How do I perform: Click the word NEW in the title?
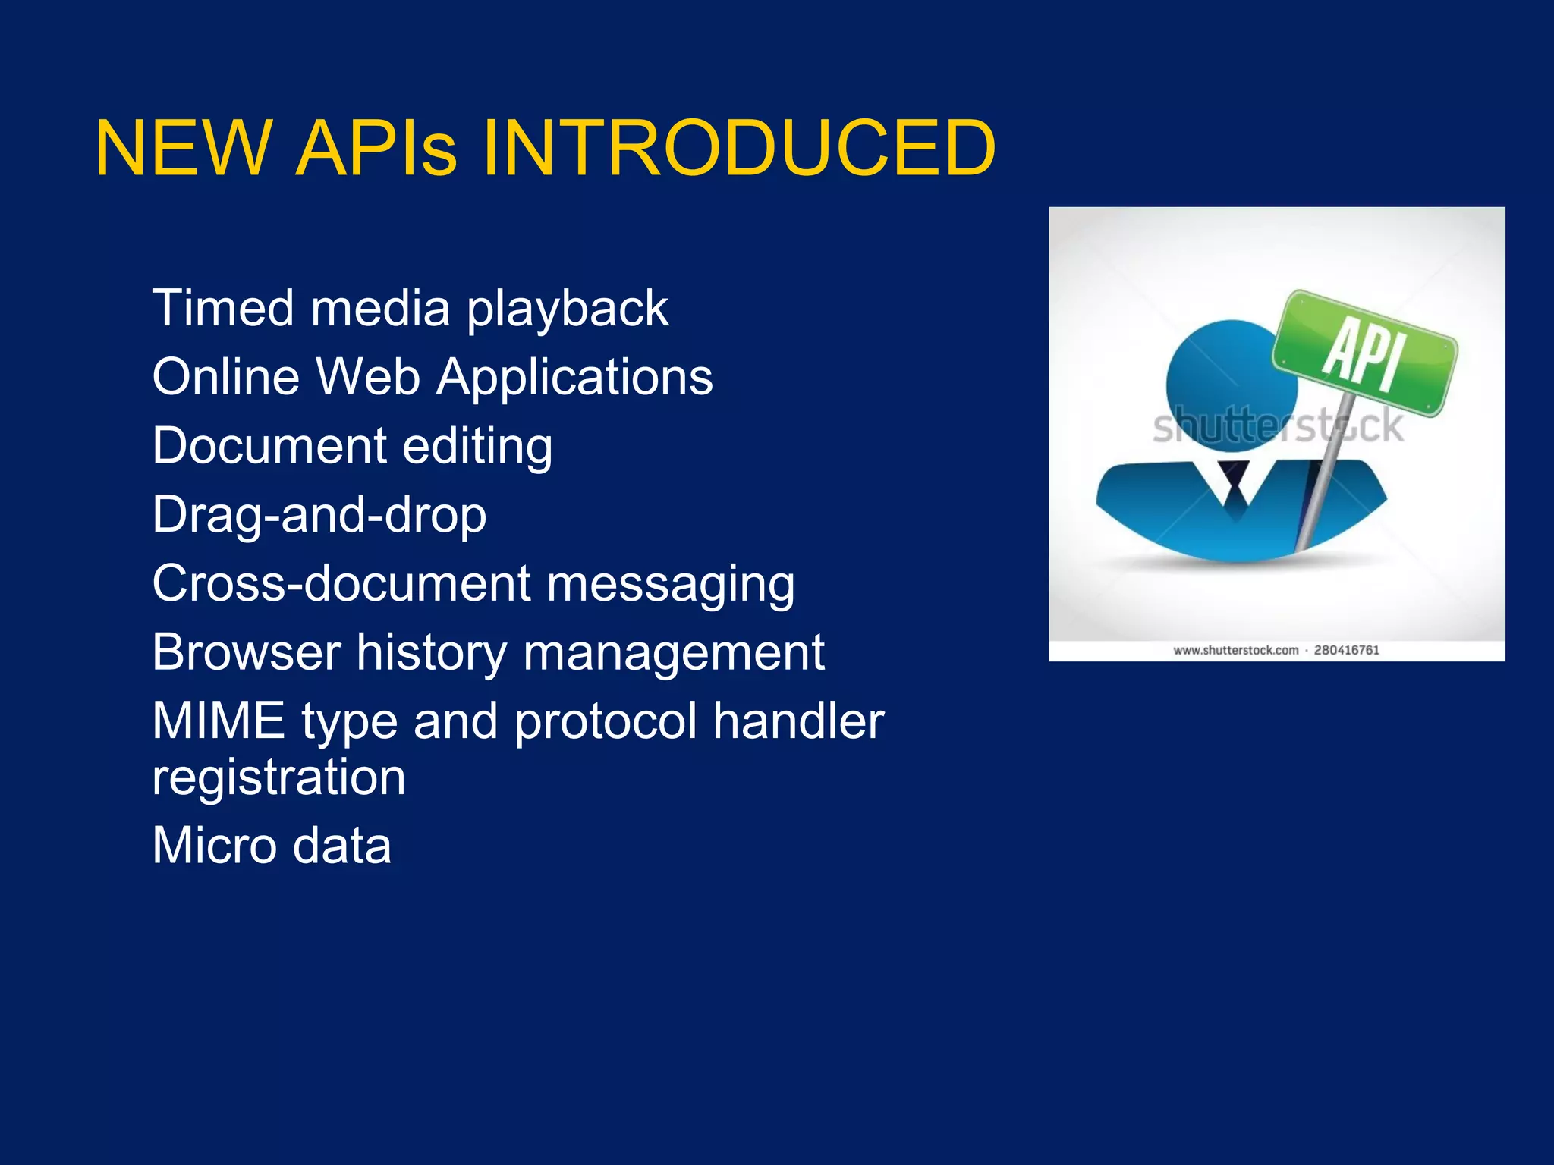point(183,149)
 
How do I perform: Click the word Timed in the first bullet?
point(223,309)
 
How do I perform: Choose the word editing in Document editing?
point(477,447)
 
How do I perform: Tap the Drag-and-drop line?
point(319,516)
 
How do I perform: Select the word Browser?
point(247,652)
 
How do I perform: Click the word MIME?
point(219,721)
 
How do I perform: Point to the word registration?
point(278,777)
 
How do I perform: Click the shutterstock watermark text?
point(1278,427)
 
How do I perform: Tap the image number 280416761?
point(1347,650)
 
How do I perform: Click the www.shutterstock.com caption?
point(1235,650)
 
